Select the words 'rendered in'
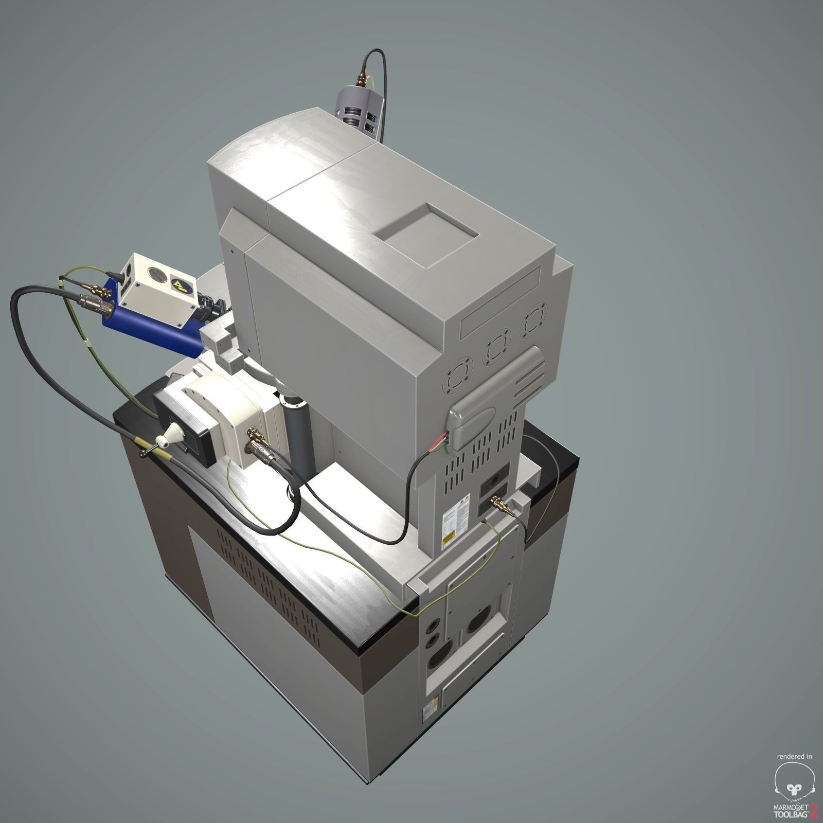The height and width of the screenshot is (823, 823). pos(794,757)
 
